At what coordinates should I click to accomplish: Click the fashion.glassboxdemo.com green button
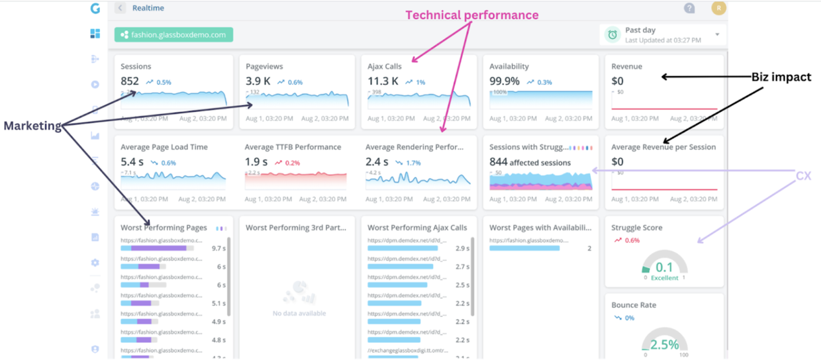tap(173, 34)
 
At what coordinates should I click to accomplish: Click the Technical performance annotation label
tap(471, 15)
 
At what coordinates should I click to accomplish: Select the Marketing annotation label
tap(32, 126)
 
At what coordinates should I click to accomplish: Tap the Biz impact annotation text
tap(781, 77)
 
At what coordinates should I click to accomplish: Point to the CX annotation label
tap(803, 175)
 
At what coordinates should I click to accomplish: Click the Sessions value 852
tap(130, 81)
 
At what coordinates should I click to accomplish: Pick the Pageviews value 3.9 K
tap(258, 81)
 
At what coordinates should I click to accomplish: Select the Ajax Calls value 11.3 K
tap(383, 81)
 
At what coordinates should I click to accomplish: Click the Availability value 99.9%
tap(505, 81)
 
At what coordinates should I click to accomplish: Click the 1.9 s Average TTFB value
tap(256, 162)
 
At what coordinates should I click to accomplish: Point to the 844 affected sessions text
tap(530, 162)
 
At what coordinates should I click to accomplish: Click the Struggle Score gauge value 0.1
tap(664, 267)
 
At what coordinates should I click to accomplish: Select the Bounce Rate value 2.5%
tap(664, 345)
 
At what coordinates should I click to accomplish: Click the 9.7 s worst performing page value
tap(218, 249)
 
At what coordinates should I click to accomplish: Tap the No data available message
tap(299, 313)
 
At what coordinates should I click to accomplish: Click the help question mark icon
tap(689, 9)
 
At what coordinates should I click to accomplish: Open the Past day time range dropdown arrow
tap(717, 34)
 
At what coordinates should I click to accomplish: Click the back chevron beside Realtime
tap(120, 8)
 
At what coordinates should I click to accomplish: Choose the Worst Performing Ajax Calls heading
tap(417, 228)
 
